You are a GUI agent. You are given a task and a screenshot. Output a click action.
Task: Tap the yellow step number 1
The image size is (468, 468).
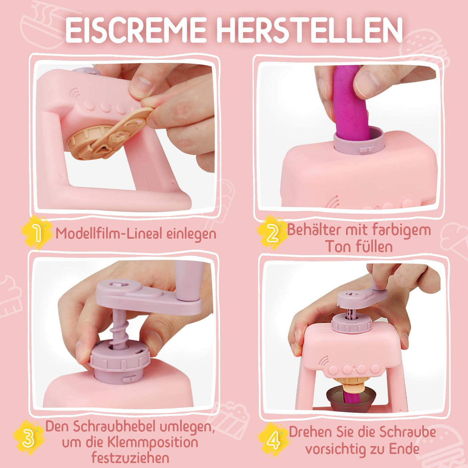(x=37, y=233)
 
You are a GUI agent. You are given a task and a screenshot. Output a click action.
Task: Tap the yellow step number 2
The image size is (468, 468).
(x=272, y=233)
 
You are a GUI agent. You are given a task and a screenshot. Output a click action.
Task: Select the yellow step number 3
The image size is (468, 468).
(x=28, y=438)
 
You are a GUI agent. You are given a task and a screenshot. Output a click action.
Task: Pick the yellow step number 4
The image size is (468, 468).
(x=273, y=440)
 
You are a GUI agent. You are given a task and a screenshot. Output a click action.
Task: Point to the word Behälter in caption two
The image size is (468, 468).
(x=314, y=230)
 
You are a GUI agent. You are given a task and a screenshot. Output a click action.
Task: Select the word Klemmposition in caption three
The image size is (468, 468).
(x=153, y=443)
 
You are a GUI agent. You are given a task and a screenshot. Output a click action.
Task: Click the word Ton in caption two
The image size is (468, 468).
(x=338, y=247)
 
